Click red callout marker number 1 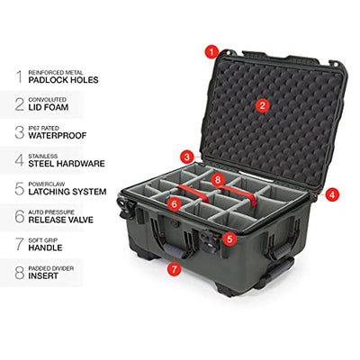pos(212,52)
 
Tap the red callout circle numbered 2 pos(263,105)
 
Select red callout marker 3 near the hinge pos(187,157)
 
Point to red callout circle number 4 pos(331,194)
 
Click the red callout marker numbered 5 pos(229,239)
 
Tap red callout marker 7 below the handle pos(175,268)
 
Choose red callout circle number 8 pos(218,180)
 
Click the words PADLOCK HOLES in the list pos(63,80)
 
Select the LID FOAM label pos(49,107)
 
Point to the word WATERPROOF pos(58,135)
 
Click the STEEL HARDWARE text pos(67,164)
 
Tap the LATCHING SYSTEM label pos(67,192)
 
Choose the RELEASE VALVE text pos(61,220)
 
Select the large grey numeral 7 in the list pos(20,245)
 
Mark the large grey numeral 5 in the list pos(20,188)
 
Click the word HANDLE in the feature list pos(45,247)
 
